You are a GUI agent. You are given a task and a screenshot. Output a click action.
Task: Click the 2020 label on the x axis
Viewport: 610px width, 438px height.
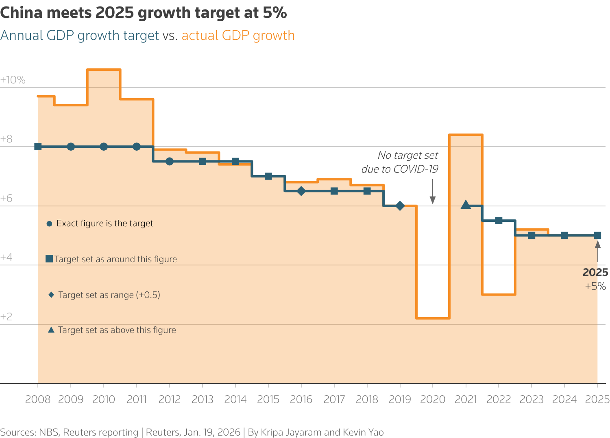[433, 399]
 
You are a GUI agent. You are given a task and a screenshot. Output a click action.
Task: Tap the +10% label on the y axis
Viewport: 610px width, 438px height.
[13, 80]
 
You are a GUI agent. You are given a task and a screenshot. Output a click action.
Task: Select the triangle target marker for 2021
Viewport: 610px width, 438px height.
[466, 205]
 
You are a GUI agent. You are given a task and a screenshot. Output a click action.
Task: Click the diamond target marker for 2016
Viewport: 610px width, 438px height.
[301, 191]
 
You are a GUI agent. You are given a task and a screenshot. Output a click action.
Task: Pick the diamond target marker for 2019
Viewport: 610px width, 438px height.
[400, 206]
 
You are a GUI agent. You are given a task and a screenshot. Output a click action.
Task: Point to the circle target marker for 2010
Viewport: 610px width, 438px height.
[104, 147]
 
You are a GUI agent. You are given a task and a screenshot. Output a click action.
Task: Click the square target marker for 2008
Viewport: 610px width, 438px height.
[38, 147]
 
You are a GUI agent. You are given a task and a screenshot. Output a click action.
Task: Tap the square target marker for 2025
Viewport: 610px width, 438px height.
[597, 235]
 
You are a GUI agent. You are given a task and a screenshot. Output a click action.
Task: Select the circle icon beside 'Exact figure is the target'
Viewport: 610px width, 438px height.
[49, 223]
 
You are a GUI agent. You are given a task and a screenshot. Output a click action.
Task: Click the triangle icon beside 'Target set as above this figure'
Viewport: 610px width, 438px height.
[51, 330]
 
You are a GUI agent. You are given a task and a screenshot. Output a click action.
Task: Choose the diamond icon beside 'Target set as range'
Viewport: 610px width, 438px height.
[51, 295]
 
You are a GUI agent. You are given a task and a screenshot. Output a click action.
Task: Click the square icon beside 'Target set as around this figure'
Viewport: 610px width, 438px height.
[49, 259]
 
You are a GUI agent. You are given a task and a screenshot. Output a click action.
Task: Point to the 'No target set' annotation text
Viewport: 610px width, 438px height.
[407, 155]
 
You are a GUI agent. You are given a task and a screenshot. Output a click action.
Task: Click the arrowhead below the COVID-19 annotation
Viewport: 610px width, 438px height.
[433, 200]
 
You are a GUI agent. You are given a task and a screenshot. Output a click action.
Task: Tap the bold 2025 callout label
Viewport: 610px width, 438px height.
[595, 272]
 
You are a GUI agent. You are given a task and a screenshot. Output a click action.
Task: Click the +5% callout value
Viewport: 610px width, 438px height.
[595, 286]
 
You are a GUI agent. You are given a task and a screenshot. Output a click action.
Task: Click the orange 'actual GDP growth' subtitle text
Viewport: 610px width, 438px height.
[238, 35]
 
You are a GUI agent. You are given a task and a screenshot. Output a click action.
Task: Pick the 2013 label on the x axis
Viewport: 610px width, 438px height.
[203, 399]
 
